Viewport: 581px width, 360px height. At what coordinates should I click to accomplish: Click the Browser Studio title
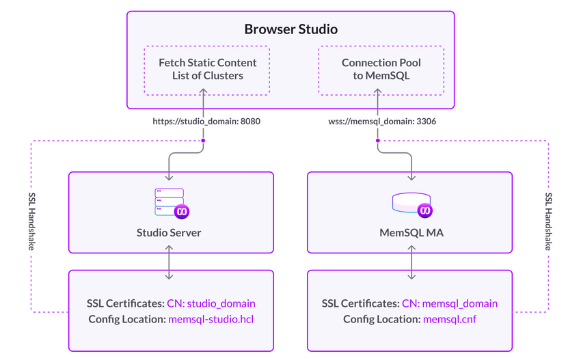291,29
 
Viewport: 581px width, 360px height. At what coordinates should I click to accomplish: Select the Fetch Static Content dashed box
207,70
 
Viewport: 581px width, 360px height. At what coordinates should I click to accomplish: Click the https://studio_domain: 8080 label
207,121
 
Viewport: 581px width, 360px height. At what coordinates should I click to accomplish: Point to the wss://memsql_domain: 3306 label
381,121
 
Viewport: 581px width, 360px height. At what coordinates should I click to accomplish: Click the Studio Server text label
170,232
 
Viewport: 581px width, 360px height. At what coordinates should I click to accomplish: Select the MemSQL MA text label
411,232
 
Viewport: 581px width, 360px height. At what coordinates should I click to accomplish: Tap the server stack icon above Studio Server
170,202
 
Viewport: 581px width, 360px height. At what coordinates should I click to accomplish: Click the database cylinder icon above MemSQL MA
411,203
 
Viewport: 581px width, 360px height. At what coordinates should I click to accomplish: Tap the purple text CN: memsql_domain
450,303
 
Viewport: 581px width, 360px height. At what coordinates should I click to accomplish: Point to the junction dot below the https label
203,140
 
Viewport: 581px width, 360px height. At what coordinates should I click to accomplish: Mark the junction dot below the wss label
377,140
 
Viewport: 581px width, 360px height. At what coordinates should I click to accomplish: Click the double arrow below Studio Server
170,262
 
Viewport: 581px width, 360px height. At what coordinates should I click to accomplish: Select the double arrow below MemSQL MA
411,262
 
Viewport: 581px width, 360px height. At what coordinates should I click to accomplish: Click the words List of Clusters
207,76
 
